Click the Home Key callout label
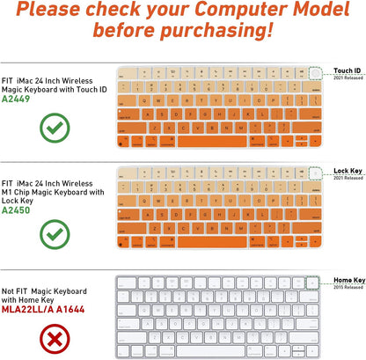tap(348, 280)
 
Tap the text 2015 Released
tap(348, 287)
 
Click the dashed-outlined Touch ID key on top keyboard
tap(315, 70)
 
